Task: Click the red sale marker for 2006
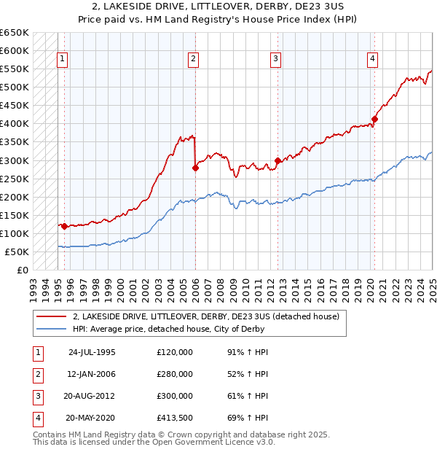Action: point(195,168)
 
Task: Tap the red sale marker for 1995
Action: point(64,226)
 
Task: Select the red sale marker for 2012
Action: point(277,160)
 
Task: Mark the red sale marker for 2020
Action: point(374,119)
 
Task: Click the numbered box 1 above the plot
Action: point(62,60)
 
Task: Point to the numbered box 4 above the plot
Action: point(372,60)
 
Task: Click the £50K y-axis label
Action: point(17,252)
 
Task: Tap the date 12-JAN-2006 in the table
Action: point(92,374)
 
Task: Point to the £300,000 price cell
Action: point(175,396)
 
